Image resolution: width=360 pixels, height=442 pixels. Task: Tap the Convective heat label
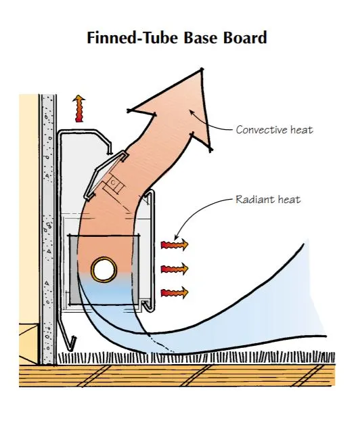click(x=274, y=129)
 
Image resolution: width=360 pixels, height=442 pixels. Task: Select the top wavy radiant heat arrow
click(x=174, y=244)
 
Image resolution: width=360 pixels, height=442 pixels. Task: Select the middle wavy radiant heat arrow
click(x=174, y=268)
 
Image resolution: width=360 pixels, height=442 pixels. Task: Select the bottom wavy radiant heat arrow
click(x=174, y=292)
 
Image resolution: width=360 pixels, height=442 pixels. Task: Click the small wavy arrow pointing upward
click(x=80, y=108)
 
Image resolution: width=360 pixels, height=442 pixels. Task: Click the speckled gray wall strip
click(x=47, y=230)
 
